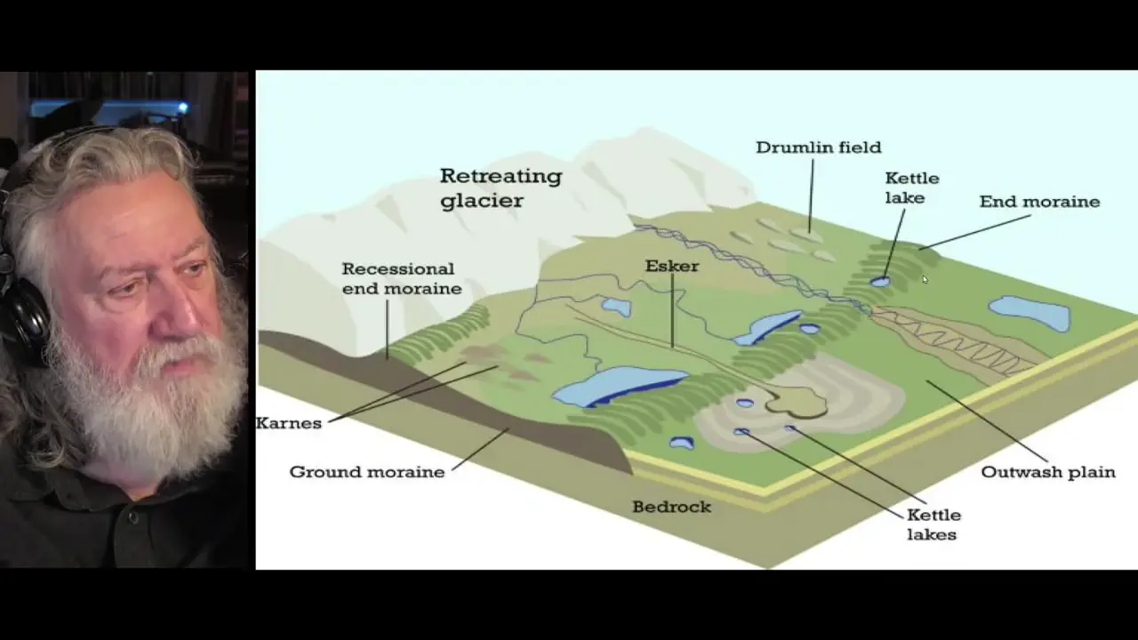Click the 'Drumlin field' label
[819, 148]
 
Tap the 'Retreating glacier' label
[501, 188]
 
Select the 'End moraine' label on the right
[1039, 202]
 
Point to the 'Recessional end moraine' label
[402, 278]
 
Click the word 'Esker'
[672, 266]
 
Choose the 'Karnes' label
[289, 423]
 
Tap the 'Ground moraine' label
[367, 472]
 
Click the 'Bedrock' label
[671, 507]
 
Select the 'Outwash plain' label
[1048, 472]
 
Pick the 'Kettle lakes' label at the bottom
[934, 524]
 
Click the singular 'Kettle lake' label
[912, 188]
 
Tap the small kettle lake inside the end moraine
[880, 282]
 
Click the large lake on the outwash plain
[1030, 313]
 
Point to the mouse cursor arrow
[926, 279]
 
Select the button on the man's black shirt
[133, 517]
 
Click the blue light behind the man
[183, 108]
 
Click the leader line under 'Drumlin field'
[811, 196]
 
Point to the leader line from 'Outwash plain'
[987, 421]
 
